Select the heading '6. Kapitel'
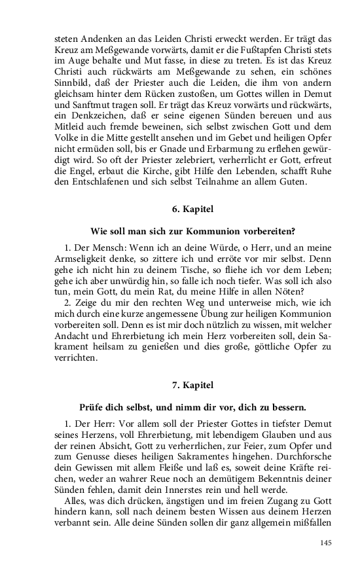[x=180, y=209]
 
